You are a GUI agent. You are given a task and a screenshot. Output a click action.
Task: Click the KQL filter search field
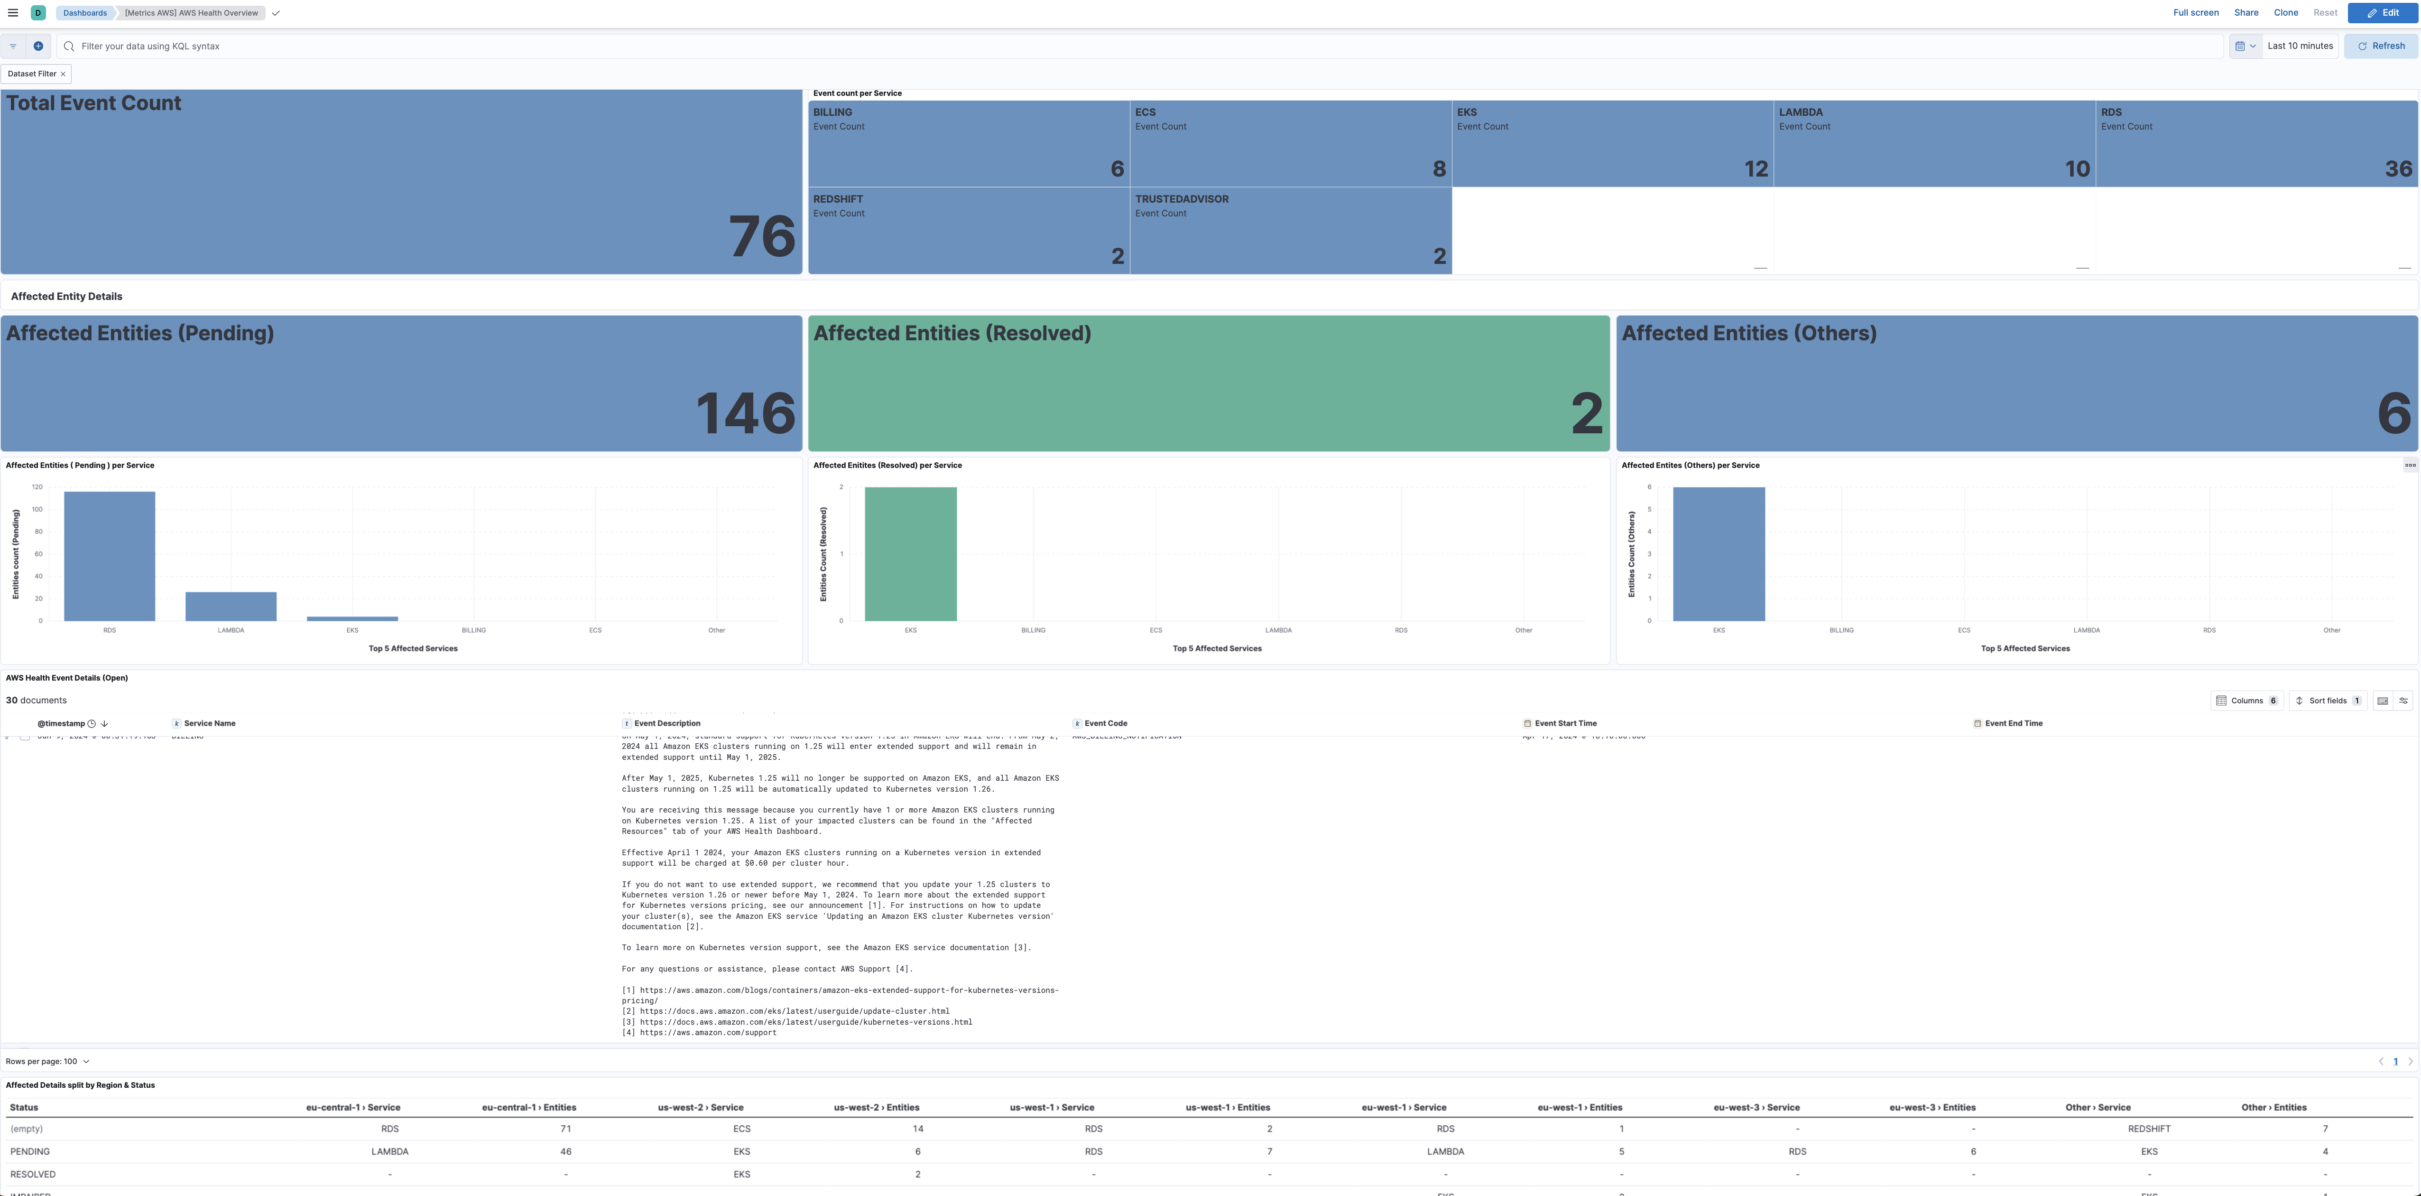(x=1128, y=46)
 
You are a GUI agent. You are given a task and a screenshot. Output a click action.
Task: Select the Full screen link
(x=2195, y=13)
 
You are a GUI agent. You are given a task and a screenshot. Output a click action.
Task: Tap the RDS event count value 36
(x=2397, y=169)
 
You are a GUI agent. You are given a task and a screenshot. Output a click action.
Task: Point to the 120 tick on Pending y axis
(x=37, y=487)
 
